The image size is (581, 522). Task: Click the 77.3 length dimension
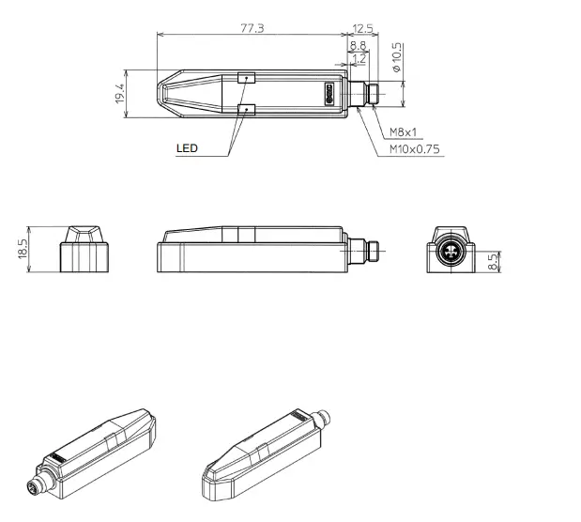252,28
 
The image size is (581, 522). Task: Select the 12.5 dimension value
363,28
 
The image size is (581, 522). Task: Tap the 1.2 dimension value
358,58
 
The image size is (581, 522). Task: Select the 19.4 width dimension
120,94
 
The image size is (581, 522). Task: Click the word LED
188,148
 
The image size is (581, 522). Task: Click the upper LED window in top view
246,79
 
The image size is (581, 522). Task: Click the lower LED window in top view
246,110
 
